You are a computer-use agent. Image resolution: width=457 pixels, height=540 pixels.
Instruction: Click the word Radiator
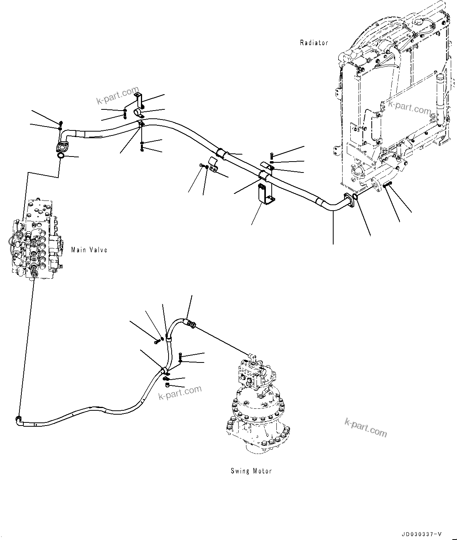314,43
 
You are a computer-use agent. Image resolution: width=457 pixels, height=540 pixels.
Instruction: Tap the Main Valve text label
89,250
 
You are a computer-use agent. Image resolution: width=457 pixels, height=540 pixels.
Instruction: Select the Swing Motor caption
251,471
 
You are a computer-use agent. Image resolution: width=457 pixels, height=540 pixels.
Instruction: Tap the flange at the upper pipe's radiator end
348,199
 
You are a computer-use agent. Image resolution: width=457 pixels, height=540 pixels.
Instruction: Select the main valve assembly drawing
34,241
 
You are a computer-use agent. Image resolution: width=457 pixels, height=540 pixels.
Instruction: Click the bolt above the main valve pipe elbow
61,124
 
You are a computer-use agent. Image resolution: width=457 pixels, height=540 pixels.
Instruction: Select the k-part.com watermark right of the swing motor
366,427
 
